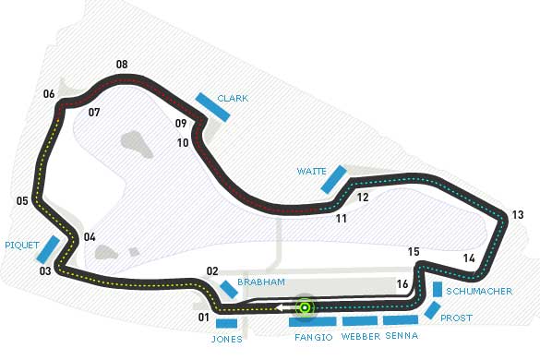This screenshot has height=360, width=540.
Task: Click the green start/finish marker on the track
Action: point(306,307)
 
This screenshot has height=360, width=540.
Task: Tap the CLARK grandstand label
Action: point(232,98)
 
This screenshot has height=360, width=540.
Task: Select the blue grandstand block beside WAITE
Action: point(333,179)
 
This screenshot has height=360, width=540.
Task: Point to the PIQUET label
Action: point(21,246)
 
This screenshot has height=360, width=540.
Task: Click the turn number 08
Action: point(122,65)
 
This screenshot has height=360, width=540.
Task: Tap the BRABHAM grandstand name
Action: point(258,282)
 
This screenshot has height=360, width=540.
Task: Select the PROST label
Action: point(457,318)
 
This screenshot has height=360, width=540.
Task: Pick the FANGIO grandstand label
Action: point(313,337)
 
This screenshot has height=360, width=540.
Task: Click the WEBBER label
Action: point(361,337)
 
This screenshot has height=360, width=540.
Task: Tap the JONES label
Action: point(226,339)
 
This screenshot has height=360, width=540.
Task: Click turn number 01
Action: point(202,318)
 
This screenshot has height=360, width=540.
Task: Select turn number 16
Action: point(402,284)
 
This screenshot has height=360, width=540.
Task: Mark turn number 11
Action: point(342,219)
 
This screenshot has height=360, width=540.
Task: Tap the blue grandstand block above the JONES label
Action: point(227,324)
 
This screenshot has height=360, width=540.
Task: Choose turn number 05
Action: point(22,200)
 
